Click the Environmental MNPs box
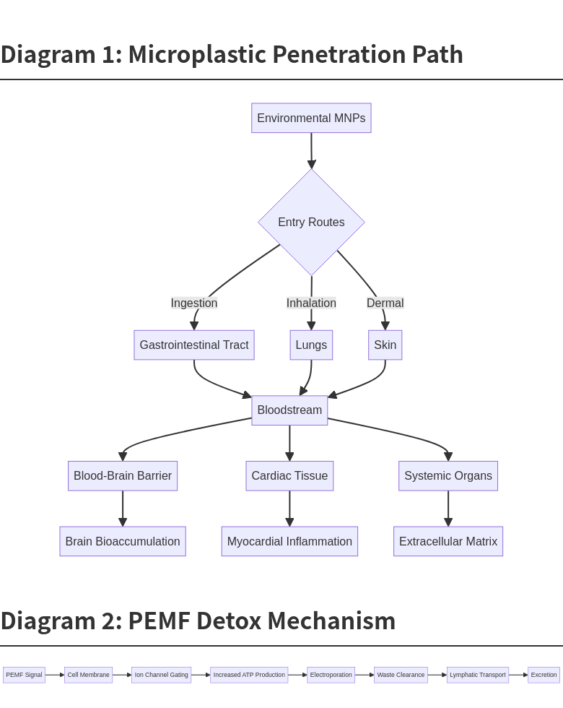311,118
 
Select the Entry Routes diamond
311,222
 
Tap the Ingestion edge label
194,303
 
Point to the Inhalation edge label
311,303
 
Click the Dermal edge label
385,303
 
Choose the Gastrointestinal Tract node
194,345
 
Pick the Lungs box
311,345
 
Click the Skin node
385,345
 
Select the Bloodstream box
289,410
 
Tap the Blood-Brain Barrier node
123,475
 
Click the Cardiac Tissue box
289,475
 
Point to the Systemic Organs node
448,475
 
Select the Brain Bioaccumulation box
123,541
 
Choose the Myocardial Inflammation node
289,541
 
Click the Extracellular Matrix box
448,541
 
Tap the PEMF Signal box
24,675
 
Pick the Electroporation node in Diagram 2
331,675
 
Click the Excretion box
544,675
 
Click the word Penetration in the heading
339,54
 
